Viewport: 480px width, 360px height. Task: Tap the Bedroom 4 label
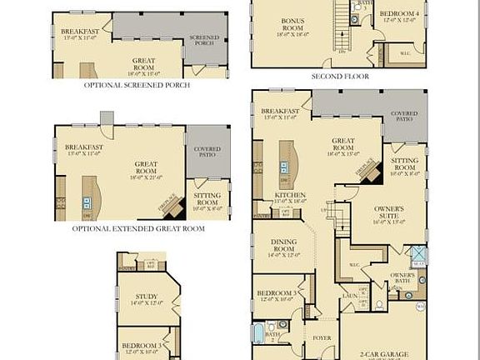click(x=397, y=14)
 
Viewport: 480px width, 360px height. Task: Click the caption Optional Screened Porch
click(x=137, y=85)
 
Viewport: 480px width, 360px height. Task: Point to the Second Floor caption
click(x=340, y=76)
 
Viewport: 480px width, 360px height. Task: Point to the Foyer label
click(x=322, y=338)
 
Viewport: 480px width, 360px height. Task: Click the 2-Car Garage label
click(x=384, y=354)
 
